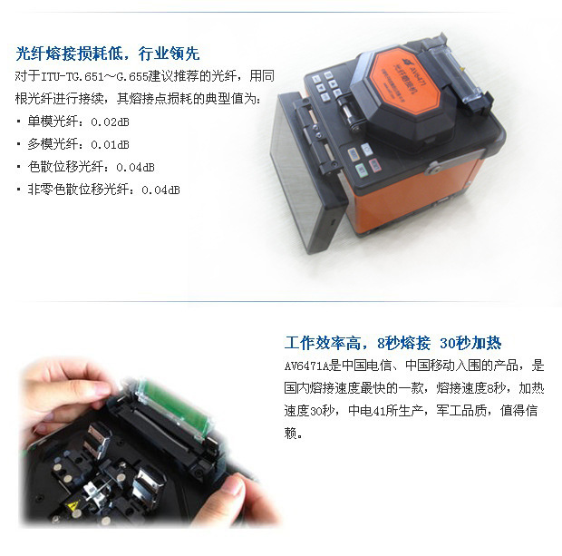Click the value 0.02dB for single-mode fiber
point(110,122)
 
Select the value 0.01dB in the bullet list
point(110,144)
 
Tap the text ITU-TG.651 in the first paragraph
point(73,77)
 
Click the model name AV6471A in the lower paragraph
point(306,366)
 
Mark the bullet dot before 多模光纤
point(19,144)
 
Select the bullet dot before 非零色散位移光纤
point(19,190)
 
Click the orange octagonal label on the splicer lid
point(405,81)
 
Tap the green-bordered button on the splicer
point(361,170)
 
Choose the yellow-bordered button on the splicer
point(354,154)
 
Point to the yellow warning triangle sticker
point(73,506)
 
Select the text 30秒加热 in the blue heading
point(470,343)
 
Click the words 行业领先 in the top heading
point(169,54)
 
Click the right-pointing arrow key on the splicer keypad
point(333,84)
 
